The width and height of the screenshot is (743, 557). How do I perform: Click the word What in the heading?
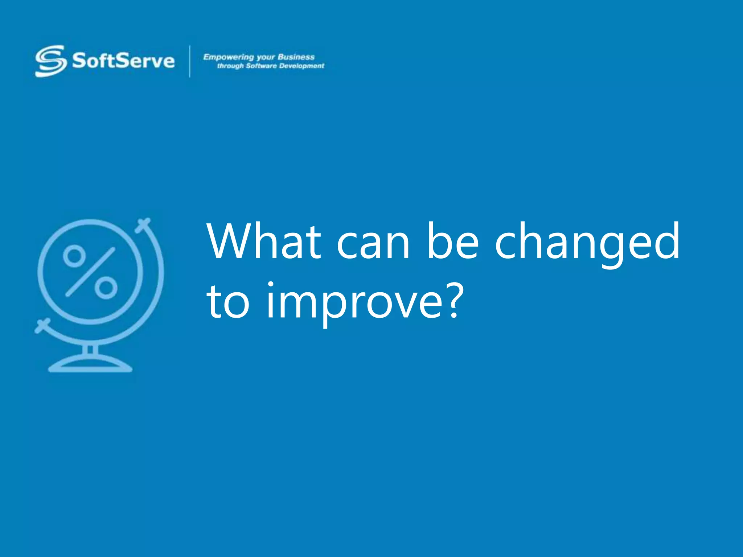[x=264, y=242]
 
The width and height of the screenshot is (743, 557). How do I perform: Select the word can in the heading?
[x=373, y=247]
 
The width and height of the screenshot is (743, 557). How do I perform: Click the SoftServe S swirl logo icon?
[x=51, y=61]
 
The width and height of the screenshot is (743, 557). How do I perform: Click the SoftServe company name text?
[x=123, y=61]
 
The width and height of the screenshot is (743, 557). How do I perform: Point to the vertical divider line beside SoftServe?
[x=190, y=61]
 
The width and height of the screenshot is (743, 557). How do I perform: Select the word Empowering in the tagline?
[x=228, y=57]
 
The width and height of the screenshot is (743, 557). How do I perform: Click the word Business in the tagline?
[x=296, y=57]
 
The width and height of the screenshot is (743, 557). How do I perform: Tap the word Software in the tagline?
[x=261, y=66]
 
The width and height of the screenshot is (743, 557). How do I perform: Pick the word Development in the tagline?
[x=301, y=66]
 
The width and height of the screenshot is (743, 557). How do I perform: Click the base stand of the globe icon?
[x=90, y=364]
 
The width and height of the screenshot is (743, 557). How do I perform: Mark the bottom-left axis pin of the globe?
[x=42, y=326]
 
